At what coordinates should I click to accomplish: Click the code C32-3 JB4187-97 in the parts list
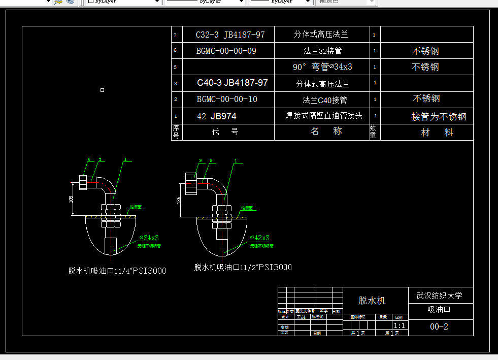click(x=230, y=35)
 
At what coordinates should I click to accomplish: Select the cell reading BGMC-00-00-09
click(x=226, y=51)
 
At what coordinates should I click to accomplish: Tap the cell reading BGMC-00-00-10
click(x=227, y=99)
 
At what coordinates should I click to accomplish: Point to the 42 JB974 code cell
click(x=217, y=116)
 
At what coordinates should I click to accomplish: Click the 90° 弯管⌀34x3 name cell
click(x=322, y=67)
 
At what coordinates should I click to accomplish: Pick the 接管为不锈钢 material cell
click(x=439, y=117)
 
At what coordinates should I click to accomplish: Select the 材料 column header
click(x=437, y=133)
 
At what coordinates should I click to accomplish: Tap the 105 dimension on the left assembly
click(x=71, y=200)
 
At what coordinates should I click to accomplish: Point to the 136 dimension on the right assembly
click(x=178, y=201)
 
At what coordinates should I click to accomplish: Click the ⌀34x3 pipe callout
click(x=149, y=238)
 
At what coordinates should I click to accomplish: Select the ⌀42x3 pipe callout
click(x=259, y=238)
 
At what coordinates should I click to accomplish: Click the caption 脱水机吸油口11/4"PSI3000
click(x=117, y=271)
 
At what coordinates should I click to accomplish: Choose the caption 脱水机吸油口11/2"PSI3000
click(x=243, y=267)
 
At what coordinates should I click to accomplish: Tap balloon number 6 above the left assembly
click(x=88, y=160)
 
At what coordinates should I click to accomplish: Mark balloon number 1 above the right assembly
click(x=236, y=160)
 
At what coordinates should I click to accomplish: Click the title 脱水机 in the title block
click(x=372, y=301)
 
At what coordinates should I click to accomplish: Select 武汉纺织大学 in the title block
click(x=439, y=296)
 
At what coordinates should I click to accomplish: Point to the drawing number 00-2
click(x=439, y=326)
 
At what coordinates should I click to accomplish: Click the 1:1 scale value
click(x=400, y=325)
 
